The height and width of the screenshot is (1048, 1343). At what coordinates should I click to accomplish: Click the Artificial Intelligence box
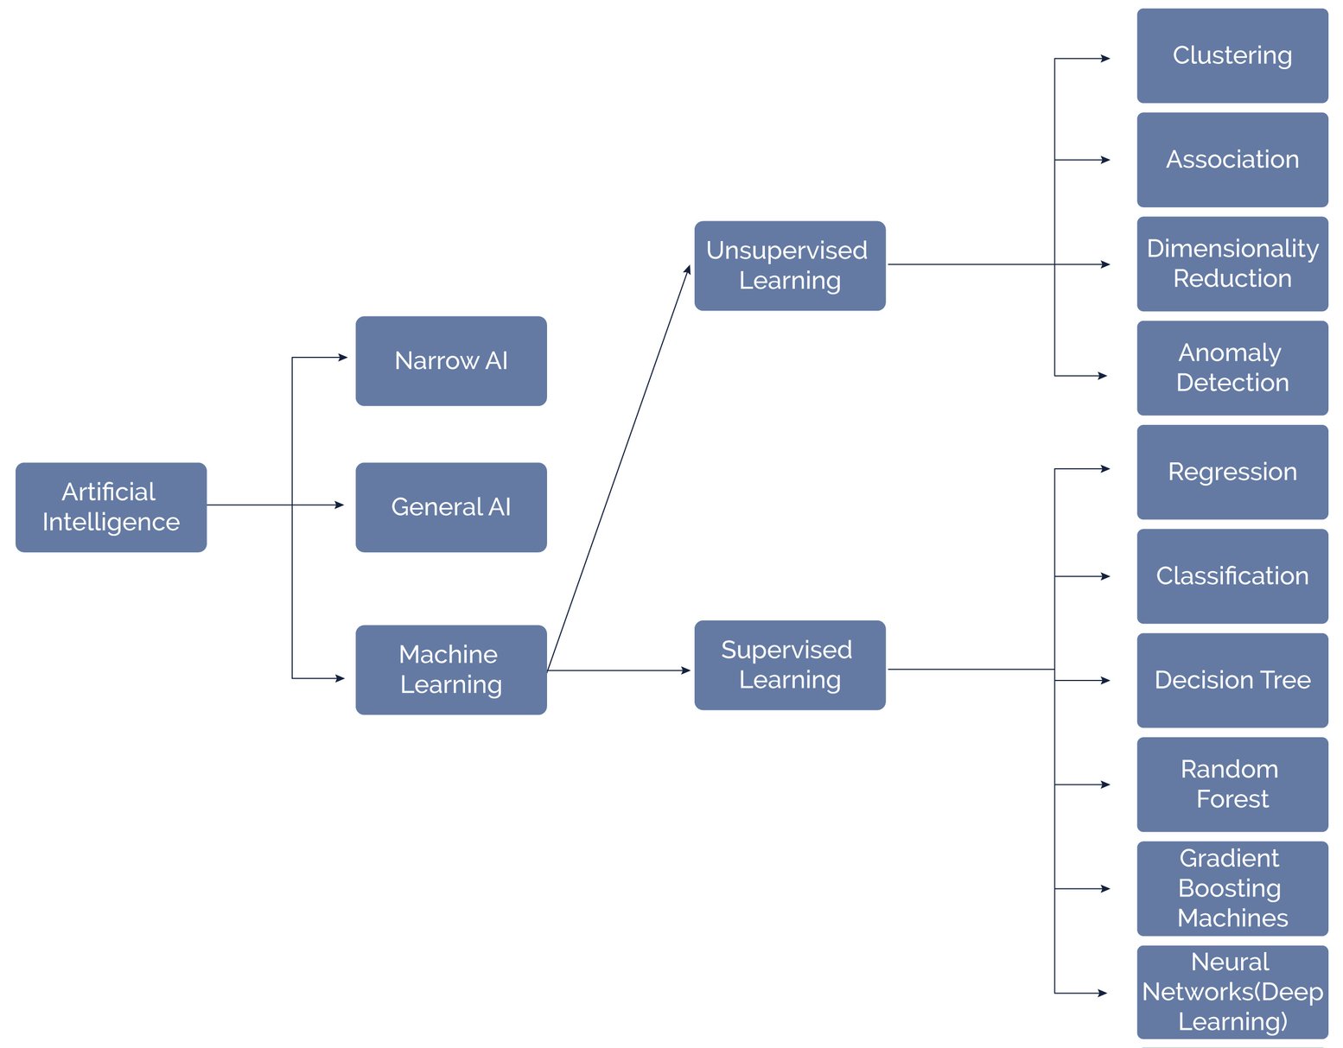point(111,507)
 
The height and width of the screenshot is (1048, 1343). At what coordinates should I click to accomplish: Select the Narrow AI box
point(450,360)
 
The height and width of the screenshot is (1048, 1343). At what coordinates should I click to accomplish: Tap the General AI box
point(450,507)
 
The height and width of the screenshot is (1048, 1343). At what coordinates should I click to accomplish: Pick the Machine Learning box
point(450,670)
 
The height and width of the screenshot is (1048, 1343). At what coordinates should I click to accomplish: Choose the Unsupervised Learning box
point(789,265)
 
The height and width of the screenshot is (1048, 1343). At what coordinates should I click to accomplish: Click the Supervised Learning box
point(789,665)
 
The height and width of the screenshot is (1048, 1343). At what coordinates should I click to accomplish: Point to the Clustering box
point(1232,56)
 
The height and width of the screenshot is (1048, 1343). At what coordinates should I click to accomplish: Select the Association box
point(1232,160)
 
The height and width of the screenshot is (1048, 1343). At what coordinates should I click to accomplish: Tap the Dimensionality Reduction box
point(1232,264)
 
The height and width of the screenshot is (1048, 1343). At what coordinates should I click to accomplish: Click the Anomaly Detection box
point(1232,368)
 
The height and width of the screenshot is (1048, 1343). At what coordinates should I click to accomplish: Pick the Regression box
point(1232,472)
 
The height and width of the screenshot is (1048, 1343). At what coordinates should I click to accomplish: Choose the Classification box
point(1232,576)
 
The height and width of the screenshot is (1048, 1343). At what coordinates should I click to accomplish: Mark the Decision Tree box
point(1232,680)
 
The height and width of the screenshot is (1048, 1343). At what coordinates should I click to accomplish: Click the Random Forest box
point(1232,784)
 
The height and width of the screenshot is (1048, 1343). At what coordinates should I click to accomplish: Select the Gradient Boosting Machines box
point(1232,888)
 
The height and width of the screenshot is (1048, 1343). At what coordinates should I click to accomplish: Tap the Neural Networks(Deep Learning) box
point(1232,992)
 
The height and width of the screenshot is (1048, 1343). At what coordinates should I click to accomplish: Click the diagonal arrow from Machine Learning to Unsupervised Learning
point(619,467)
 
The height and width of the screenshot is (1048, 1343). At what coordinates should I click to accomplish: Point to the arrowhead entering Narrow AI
point(343,357)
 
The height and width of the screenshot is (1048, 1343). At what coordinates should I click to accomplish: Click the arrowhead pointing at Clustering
point(1105,59)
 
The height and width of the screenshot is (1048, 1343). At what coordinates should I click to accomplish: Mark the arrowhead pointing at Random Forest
point(1105,784)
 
